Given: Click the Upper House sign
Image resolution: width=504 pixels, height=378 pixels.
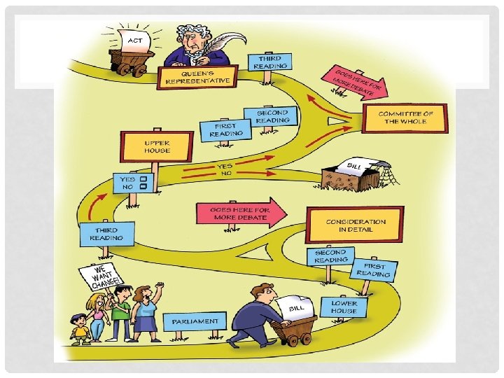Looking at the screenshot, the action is pyautogui.click(x=146, y=146).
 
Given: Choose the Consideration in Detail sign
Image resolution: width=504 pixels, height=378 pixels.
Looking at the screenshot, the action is pyautogui.click(x=355, y=224).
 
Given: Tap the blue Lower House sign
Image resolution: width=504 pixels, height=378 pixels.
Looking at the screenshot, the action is pyautogui.click(x=344, y=307).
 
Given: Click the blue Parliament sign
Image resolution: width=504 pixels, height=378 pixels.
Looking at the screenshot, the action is pyautogui.click(x=195, y=322).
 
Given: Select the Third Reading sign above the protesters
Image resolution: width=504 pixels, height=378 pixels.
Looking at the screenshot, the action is pyautogui.click(x=106, y=234).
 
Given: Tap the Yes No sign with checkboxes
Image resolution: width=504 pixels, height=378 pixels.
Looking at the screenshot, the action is pyautogui.click(x=133, y=183).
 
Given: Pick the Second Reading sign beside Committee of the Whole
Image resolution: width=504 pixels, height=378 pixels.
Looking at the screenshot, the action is pyautogui.click(x=272, y=117).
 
